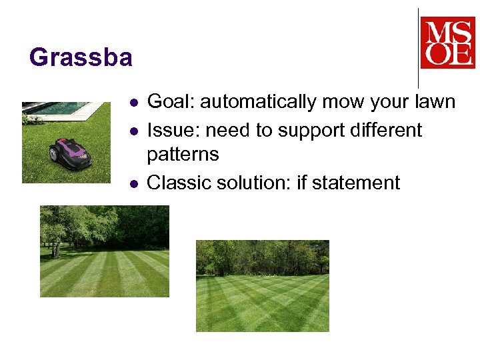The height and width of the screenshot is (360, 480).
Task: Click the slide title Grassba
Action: click(81, 58)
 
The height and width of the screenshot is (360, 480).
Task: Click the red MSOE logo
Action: click(447, 43)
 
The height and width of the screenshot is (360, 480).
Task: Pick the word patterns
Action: click(182, 155)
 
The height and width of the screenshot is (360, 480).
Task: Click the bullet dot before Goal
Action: click(134, 103)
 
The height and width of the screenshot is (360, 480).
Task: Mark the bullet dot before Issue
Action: click(134, 131)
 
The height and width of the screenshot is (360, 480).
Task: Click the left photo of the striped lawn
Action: click(105, 251)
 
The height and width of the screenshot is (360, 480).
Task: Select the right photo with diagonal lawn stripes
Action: click(262, 286)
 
